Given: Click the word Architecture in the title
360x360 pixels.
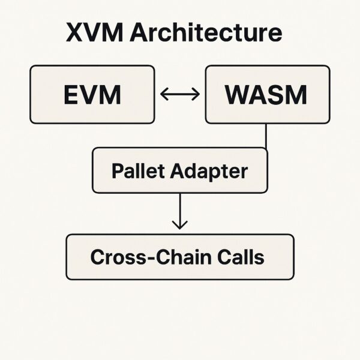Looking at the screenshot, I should click(206, 33).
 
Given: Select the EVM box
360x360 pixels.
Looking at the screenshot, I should click(92, 95).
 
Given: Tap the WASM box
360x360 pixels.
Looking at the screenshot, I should click(267, 95).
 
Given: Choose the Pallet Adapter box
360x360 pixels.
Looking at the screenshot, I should click(179, 171).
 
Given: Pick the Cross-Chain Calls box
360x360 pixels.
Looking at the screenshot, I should click(179, 257).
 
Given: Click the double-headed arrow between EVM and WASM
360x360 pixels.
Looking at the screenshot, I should click(180, 94).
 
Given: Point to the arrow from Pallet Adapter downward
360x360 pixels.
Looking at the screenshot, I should click(179, 210).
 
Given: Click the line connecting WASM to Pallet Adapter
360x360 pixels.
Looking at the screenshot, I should click(266, 136).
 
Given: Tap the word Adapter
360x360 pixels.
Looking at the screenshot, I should click(208, 171).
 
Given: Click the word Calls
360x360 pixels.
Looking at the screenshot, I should click(241, 257).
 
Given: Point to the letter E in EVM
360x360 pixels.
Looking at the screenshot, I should click(71, 95).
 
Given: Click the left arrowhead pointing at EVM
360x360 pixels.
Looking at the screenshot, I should click(164, 94).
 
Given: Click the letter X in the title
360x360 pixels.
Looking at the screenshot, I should click(75, 33).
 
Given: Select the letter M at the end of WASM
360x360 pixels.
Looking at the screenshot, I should click(295, 95).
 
